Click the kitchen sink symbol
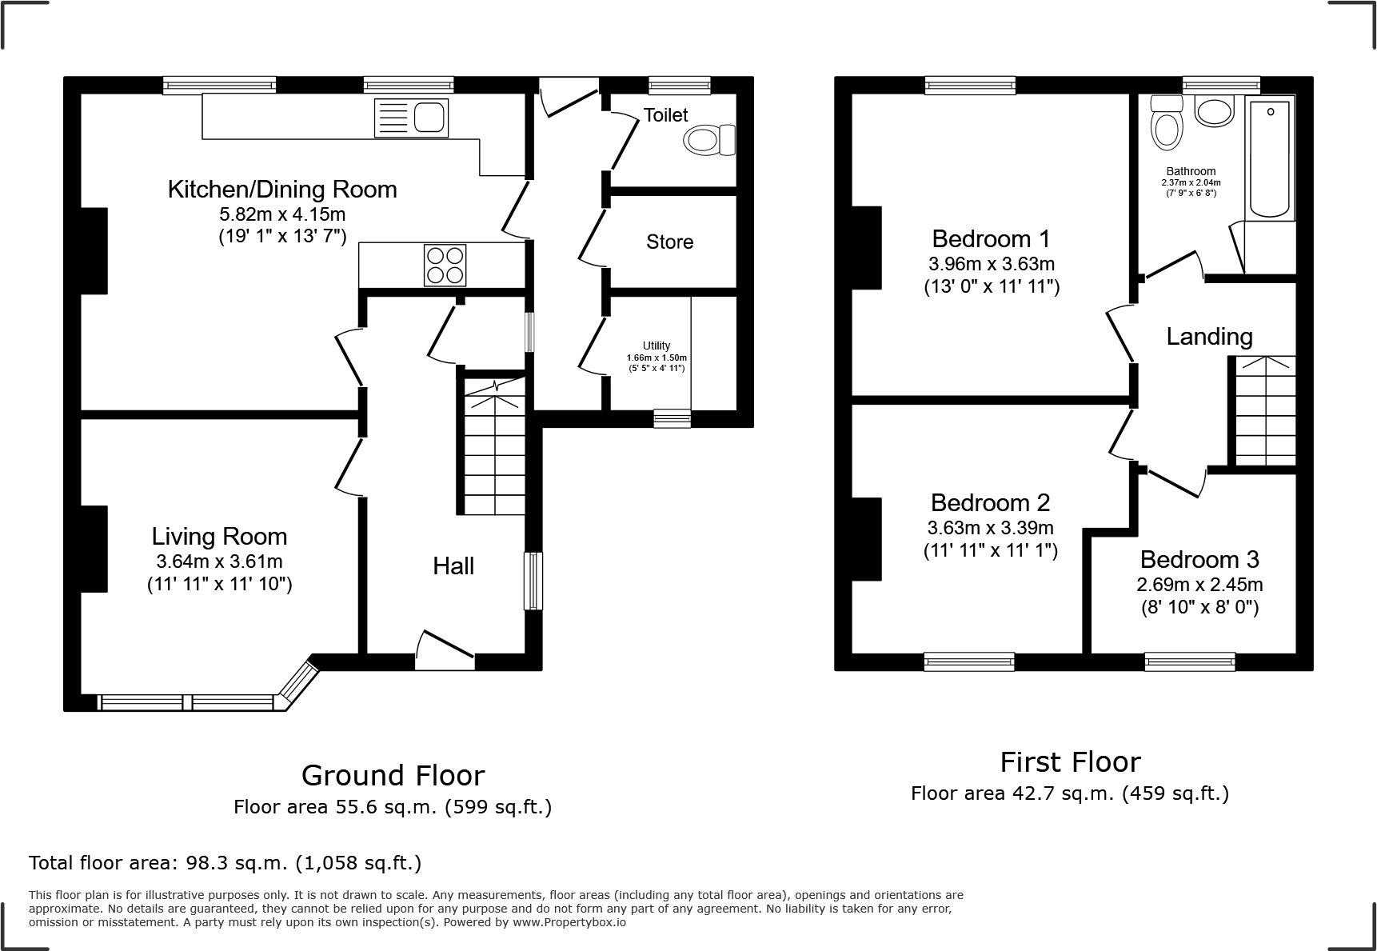pos(411,118)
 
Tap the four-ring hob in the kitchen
pos(445,265)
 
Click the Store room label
pos(669,242)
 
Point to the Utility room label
pos(657,346)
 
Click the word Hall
pos(453,565)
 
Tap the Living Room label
pos(219,536)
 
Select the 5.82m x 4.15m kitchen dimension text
pos(282,214)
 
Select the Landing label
pos(1209,336)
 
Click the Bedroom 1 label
pos(991,238)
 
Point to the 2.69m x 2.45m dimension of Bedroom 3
pos(1199,585)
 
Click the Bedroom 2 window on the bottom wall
pos(969,661)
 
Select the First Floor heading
pos(1070,761)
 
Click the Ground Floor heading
pos(393,775)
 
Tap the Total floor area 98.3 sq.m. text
pos(225,863)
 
